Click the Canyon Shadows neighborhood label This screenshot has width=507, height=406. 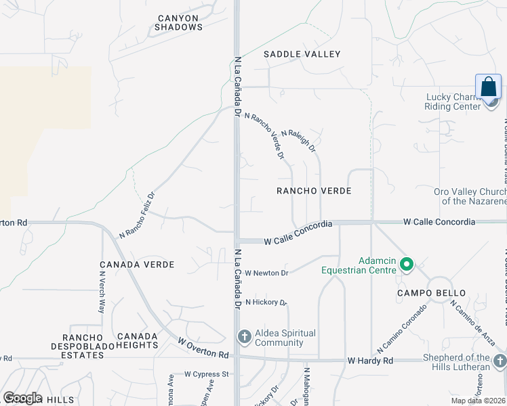178,22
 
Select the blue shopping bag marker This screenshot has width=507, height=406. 488,88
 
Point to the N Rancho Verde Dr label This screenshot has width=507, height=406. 264,136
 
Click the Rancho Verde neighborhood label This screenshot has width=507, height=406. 314,191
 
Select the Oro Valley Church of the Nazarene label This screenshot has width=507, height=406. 470,196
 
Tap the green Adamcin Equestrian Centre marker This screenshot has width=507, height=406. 407,264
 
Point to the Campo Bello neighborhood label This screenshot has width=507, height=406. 431,293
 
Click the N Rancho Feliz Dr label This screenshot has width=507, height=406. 138,215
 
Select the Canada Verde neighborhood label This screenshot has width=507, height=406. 137,265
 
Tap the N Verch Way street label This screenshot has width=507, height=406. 102,292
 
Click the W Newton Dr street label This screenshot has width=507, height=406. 267,273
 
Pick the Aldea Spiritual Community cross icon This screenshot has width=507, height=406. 244,336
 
